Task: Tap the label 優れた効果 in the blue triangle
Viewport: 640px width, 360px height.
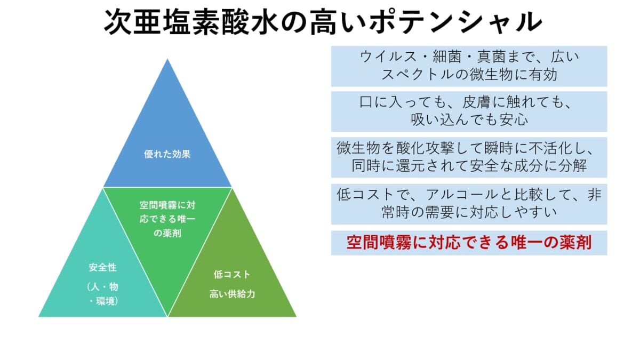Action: [167, 155]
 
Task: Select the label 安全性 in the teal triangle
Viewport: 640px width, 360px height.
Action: [102, 267]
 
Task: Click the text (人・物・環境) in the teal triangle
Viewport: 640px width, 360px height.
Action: [102, 294]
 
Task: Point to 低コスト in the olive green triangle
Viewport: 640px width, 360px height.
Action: [231, 275]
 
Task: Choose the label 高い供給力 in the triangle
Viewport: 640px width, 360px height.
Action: [231, 294]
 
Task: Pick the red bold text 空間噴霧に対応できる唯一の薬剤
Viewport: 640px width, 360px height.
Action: [469, 243]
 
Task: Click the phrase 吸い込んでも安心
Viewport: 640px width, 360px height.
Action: [469, 120]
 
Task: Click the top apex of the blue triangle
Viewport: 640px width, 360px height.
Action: [167, 60]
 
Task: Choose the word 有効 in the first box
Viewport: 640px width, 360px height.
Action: [544, 75]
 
